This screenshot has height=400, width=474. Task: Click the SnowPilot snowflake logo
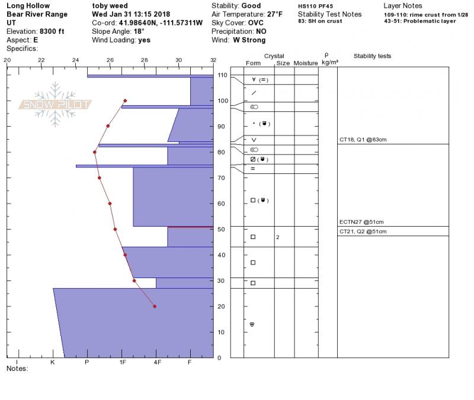55,105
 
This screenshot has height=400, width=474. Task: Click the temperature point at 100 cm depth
125,101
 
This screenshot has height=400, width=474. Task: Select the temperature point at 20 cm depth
155,307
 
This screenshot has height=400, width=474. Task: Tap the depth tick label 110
222,75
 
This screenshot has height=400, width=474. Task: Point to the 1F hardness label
123,362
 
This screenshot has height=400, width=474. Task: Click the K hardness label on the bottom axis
53,362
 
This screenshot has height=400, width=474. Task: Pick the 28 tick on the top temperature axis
145,60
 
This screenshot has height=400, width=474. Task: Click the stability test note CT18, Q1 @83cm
363,140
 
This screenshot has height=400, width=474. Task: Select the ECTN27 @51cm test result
361,222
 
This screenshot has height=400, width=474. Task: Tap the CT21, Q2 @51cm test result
363,231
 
